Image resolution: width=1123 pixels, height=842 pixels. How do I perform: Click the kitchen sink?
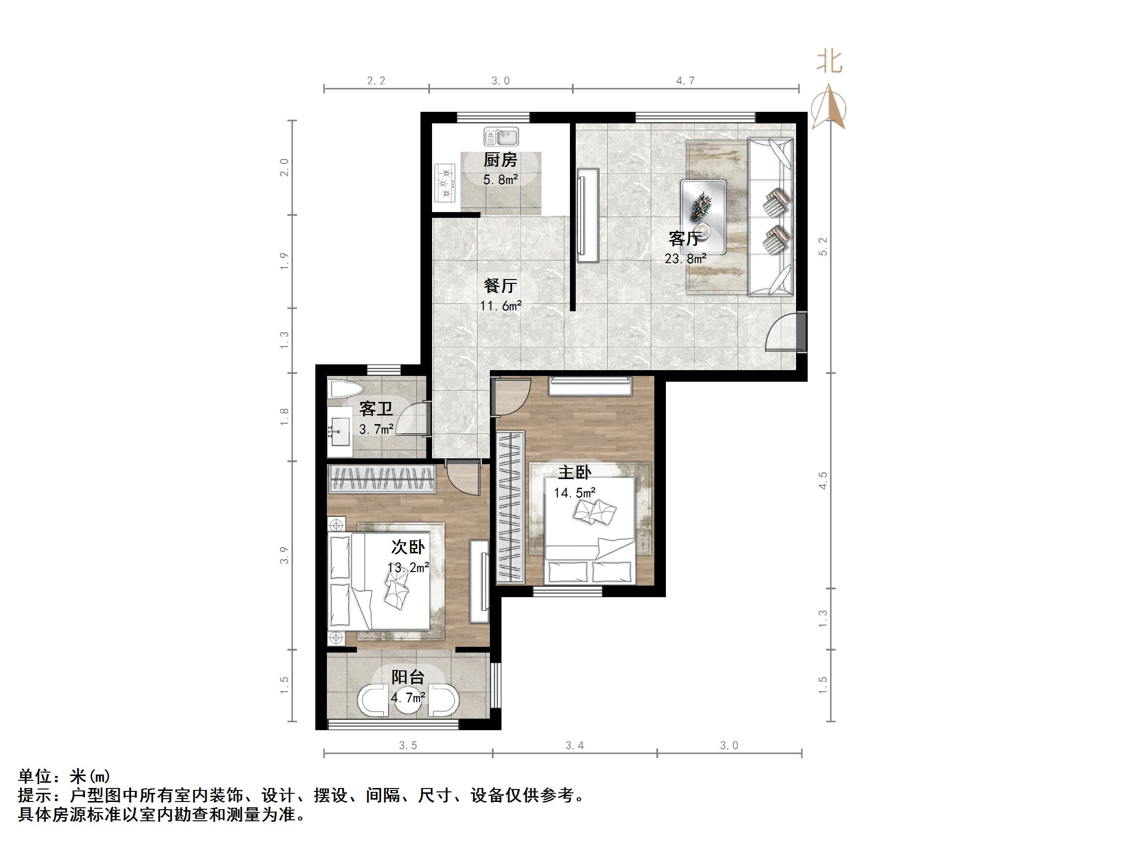click(x=501, y=136)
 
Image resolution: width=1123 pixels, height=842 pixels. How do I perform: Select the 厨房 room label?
click(x=500, y=160)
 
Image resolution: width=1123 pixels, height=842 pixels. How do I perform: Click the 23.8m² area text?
click(x=685, y=258)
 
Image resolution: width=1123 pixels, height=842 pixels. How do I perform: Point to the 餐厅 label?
click(x=500, y=285)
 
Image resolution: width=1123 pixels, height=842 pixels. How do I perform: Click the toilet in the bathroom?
click(x=346, y=390)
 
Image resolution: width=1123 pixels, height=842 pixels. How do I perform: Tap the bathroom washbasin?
click(x=339, y=431)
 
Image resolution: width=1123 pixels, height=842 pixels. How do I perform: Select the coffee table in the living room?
click(x=703, y=216)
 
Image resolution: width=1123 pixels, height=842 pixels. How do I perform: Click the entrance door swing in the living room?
click(x=782, y=333)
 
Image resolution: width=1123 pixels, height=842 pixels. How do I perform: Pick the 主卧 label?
click(x=575, y=472)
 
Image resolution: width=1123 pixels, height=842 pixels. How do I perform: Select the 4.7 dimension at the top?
click(x=685, y=80)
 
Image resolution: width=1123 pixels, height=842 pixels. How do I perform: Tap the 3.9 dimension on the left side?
click(x=284, y=555)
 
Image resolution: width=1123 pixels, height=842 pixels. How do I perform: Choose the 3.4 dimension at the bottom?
click(x=575, y=746)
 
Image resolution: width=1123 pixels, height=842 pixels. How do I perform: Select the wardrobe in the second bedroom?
click(x=381, y=479)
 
